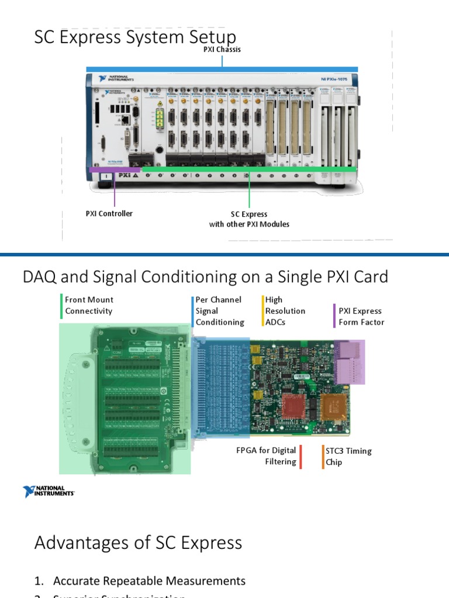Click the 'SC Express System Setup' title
pyautogui.click(x=135, y=38)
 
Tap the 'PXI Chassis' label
pyautogui.click(x=222, y=50)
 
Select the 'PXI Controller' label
pyautogui.click(x=109, y=214)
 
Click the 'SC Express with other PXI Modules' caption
pyautogui.click(x=249, y=219)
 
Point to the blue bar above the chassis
pyautogui.click(x=222, y=69)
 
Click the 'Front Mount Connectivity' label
pyautogui.click(x=89, y=305)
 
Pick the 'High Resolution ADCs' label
pyautogui.click(x=285, y=311)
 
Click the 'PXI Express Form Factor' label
pyautogui.click(x=361, y=317)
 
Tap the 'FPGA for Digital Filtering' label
pyautogui.click(x=266, y=456)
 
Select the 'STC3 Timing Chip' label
pyautogui.click(x=348, y=457)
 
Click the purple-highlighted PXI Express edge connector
pyautogui.click(x=350, y=362)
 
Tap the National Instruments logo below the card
pyautogui.click(x=49, y=492)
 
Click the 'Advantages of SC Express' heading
pyautogui.click(x=138, y=543)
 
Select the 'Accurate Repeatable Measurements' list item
pyautogui.click(x=149, y=580)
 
